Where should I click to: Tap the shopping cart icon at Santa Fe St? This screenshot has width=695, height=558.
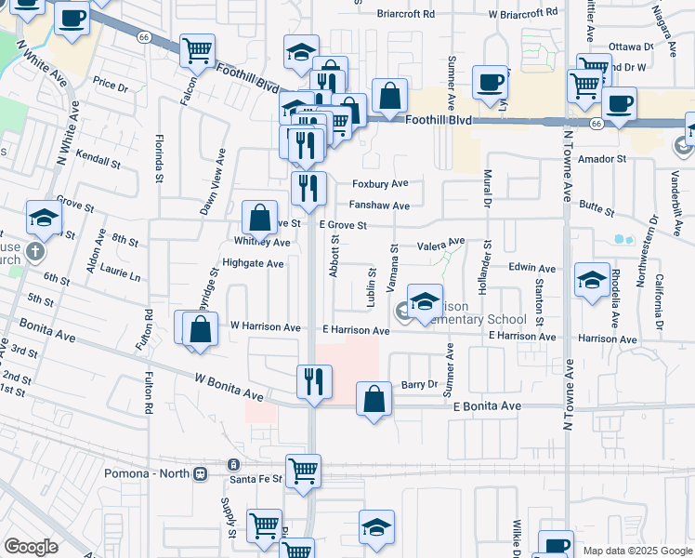point(303,471)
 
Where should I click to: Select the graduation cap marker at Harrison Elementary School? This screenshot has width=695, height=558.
point(425,301)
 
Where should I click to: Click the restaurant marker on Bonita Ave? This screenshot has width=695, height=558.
point(314,381)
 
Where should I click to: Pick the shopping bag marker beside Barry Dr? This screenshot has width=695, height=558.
point(374,400)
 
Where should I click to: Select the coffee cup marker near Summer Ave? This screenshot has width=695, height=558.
point(490,82)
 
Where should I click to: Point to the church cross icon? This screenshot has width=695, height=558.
point(35,252)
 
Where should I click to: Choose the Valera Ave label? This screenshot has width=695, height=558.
point(440,246)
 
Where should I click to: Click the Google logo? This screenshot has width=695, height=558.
point(31,547)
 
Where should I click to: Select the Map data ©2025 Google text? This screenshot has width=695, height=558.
point(636,551)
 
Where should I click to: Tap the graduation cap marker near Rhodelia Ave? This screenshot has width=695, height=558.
point(593,279)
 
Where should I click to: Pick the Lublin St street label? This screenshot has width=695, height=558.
point(370,286)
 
